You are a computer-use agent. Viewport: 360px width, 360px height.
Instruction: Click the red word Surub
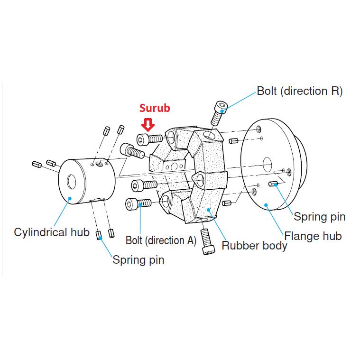click(154, 108)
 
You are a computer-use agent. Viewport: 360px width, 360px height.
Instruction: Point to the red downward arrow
click(149, 124)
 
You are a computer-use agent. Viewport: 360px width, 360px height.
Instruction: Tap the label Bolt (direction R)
click(299, 91)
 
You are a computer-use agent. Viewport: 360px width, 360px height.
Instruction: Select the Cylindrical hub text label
click(52, 232)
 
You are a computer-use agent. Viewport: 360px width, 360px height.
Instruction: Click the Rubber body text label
click(254, 246)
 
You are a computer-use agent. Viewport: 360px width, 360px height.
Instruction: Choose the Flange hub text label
click(313, 236)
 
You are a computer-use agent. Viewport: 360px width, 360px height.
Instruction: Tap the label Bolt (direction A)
click(161, 240)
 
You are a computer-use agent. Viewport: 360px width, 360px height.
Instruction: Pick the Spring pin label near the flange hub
click(319, 217)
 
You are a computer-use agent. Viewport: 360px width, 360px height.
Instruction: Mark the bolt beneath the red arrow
click(149, 139)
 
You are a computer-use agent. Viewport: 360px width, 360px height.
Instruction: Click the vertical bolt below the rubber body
click(207, 241)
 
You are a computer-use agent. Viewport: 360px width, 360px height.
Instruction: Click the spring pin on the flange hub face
click(274, 184)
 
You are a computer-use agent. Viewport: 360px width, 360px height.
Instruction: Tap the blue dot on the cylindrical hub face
click(70, 199)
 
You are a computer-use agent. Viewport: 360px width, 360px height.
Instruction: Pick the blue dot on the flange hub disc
click(267, 205)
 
